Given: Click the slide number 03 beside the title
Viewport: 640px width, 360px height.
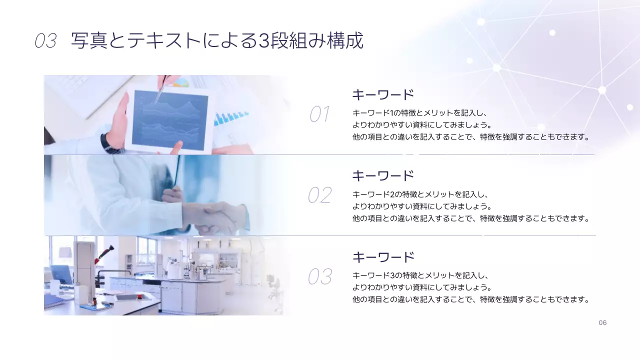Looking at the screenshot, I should click(x=45, y=41).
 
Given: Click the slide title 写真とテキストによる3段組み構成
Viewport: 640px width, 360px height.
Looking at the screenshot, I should click(x=217, y=41).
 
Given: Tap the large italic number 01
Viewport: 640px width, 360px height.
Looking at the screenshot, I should click(x=319, y=114).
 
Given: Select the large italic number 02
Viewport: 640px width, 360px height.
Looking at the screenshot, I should click(x=319, y=195).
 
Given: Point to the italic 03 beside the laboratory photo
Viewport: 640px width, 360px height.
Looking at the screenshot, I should click(x=319, y=276).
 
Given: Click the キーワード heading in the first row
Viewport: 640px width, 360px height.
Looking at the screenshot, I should click(x=383, y=94).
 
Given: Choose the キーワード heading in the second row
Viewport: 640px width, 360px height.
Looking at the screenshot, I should click(x=383, y=175).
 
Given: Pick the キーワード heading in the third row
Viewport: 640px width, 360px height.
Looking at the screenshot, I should click(x=383, y=257).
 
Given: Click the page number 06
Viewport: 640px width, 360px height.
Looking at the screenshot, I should click(x=602, y=323).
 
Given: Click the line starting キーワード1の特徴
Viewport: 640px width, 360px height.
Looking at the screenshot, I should click(x=420, y=112).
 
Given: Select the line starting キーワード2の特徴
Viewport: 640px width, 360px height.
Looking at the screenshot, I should click(x=420, y=194).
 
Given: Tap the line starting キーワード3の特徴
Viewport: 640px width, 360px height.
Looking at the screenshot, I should click(x=420, y=275).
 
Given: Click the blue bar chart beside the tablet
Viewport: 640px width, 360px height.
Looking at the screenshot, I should click(x=230, y=118).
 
